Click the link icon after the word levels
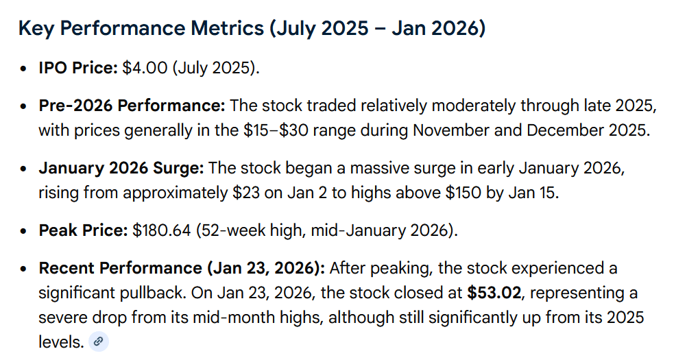tap(99, 341)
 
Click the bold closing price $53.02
tap(494, 293)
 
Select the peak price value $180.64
tap(162, 230)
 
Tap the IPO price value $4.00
tap(145, 68)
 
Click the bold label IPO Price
tap(78, 68)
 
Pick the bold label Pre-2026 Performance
tap(132, 106)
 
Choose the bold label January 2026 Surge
tap(121, 168)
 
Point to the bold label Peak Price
tap(83, 230)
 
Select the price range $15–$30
tap(276, 130)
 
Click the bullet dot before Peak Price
tap(24, 231)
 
